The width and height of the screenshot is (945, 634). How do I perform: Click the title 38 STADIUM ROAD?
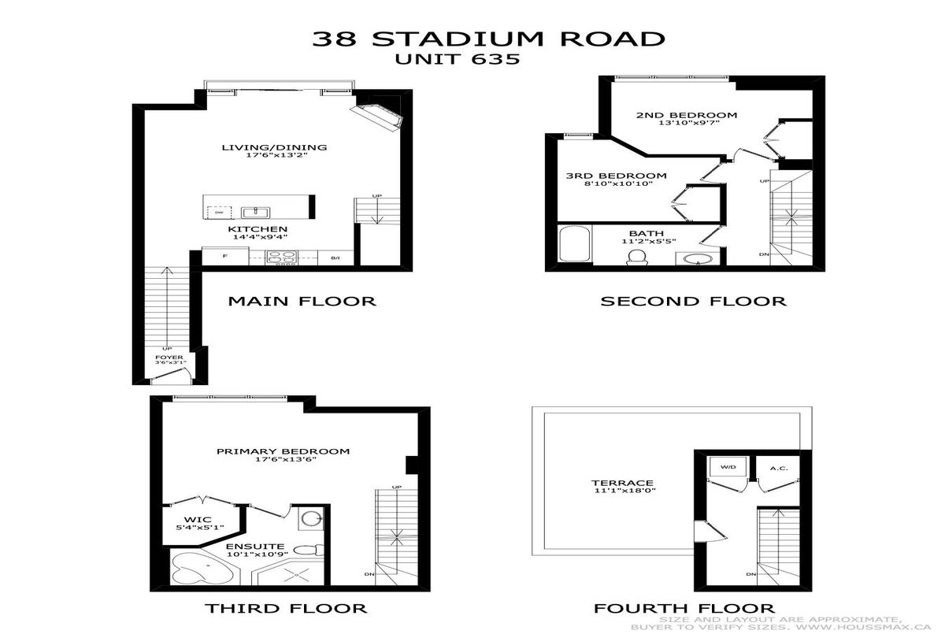(x=488, y=39)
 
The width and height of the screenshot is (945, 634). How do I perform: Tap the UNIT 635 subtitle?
(x=458, y=59)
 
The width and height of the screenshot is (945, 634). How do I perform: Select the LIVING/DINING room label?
(x=275, y=147)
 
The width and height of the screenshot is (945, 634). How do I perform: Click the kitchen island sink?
(x=256, y=212)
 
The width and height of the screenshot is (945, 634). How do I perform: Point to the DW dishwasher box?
(x=220, y=213)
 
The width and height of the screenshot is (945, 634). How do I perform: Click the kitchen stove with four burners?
(x=281, y=258)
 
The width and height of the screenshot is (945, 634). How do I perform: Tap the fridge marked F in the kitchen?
(x=225, y=256)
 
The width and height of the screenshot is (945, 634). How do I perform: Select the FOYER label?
(x=169, y=358)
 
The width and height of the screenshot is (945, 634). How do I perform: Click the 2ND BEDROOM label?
(x=687, y=115)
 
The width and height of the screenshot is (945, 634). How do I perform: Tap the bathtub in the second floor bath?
(x=575, y=244)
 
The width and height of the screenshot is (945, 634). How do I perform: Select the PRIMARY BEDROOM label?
(x=283, y=451)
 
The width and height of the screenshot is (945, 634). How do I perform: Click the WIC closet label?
(x=198, y=520)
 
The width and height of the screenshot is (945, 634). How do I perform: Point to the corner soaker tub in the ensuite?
(x=202, y=568)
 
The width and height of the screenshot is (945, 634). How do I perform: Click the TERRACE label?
(x=622, y=483)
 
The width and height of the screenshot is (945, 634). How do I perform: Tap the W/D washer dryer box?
(x=728, y=466)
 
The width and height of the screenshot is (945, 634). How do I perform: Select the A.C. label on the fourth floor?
(x=779, y=469)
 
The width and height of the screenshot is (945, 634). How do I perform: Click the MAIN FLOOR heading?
(x=302, y=301)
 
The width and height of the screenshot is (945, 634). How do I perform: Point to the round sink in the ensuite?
(x=311, y=519)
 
